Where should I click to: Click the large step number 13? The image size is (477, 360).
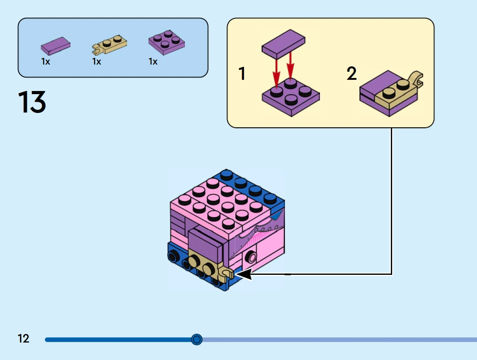click(32, 102)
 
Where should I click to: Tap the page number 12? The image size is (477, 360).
click(23, 338)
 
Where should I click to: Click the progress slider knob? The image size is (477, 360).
click(197, 339)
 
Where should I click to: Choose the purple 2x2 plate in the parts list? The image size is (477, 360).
click(166, 42)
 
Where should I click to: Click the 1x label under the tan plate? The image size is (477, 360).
click(97, 62)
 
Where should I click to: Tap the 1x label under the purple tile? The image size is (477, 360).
click(46, 62)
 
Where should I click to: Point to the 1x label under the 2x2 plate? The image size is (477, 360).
click(153, 62)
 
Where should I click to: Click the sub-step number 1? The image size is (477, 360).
click(242, 74)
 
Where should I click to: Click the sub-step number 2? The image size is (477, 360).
click(352, 74)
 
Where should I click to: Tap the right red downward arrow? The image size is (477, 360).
click(290, 65)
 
